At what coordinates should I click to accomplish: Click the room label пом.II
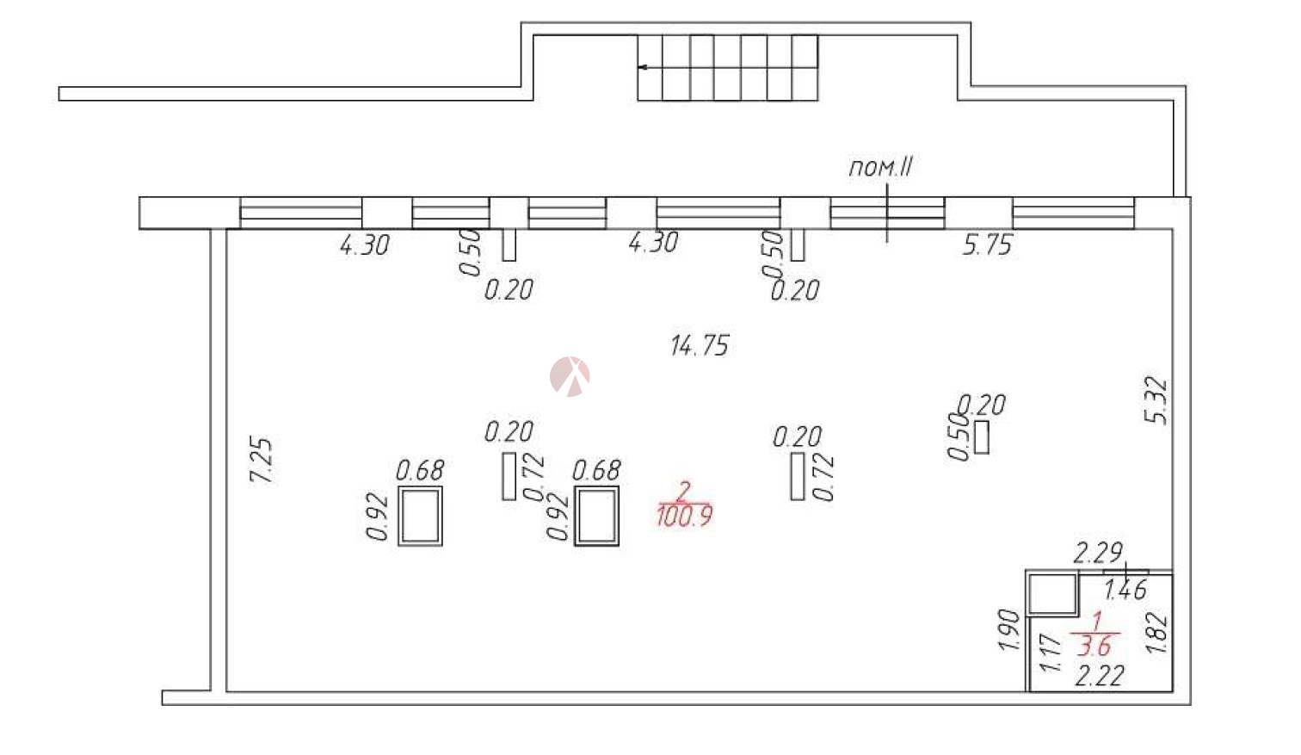(x=880, y=167)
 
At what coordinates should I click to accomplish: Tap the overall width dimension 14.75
(x=700, y=345)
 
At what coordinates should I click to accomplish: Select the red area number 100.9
(x=685, y=516)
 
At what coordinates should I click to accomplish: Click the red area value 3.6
(x=1094, y=646)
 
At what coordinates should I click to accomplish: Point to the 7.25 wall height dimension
(x=262, y=460)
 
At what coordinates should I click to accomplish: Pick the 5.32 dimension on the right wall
(x=1156, y=400)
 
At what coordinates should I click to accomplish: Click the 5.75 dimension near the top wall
(x=988, y=244)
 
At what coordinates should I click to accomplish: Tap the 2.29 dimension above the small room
(x=1097, y=553)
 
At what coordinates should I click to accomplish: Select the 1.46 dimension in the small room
(x=1125, y=590)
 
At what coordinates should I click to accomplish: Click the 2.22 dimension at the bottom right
(x=1100, y=676)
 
